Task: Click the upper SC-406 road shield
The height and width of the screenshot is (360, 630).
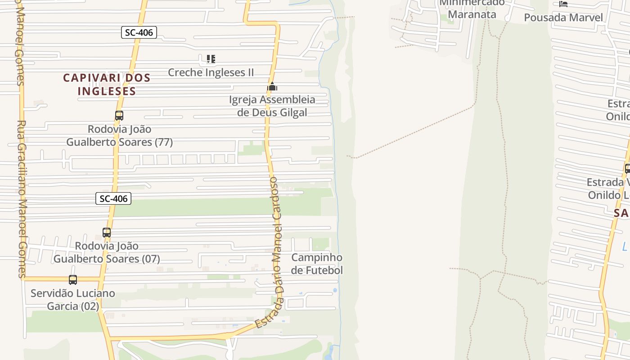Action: click(x=139, y=32)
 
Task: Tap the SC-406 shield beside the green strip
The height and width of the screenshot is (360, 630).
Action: click(x=113, y=198)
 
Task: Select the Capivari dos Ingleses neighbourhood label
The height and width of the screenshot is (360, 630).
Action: click(x=107, y=84)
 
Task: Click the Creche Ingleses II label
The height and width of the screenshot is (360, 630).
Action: click(x=211, y=72)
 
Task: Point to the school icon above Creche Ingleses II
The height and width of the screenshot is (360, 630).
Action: click(x=211, y=59)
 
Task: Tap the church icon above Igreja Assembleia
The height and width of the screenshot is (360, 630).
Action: click(x=272, y=86)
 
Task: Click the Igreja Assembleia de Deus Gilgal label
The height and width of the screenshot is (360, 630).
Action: click(x=272, y=106)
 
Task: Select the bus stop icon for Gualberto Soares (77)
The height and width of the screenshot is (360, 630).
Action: click(x=119, y=116)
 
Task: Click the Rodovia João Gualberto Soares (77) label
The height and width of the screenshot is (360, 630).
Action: click(x=119, y=135)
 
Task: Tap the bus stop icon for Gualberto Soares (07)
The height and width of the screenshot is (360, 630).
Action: click(x=107, y=233)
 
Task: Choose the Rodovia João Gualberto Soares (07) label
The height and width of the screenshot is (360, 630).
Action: click(x=107, y=252)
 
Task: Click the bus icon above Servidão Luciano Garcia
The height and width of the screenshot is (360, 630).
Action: click(x=73, y=280)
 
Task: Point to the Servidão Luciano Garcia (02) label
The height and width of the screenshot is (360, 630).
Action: click(x=72, y=300)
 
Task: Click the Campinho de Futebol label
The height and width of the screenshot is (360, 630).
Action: click(x=317, y=264)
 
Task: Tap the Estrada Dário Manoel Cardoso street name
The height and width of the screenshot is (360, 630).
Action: click(x=275, y=252)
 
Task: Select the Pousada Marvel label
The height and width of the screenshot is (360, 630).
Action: click(x=563, y=18)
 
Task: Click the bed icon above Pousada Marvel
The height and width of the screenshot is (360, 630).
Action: click(x=563, y=4)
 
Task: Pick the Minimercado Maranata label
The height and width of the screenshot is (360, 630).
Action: click(x=472, y=9)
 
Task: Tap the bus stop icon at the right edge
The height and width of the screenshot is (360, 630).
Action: click(x=627, y=169)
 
